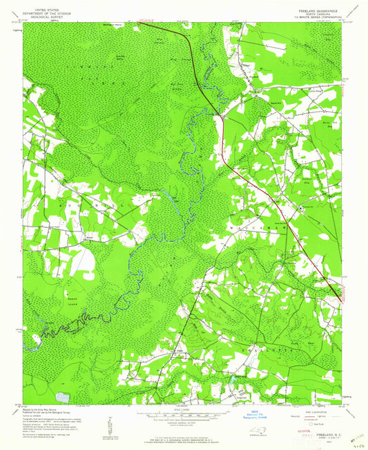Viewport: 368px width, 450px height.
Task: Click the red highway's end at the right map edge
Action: [x=340, y=298]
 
